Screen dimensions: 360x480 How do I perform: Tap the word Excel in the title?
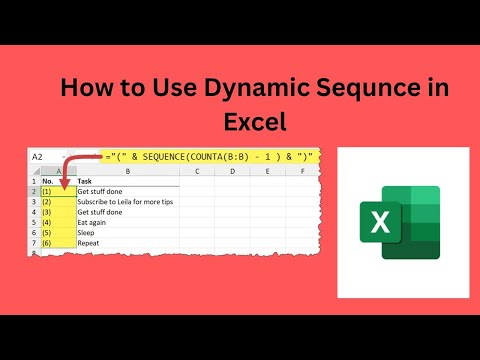[x=255, y=122]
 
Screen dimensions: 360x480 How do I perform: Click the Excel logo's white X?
[x=380, y=222]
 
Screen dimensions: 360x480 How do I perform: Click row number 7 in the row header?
[x=33, y=242]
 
